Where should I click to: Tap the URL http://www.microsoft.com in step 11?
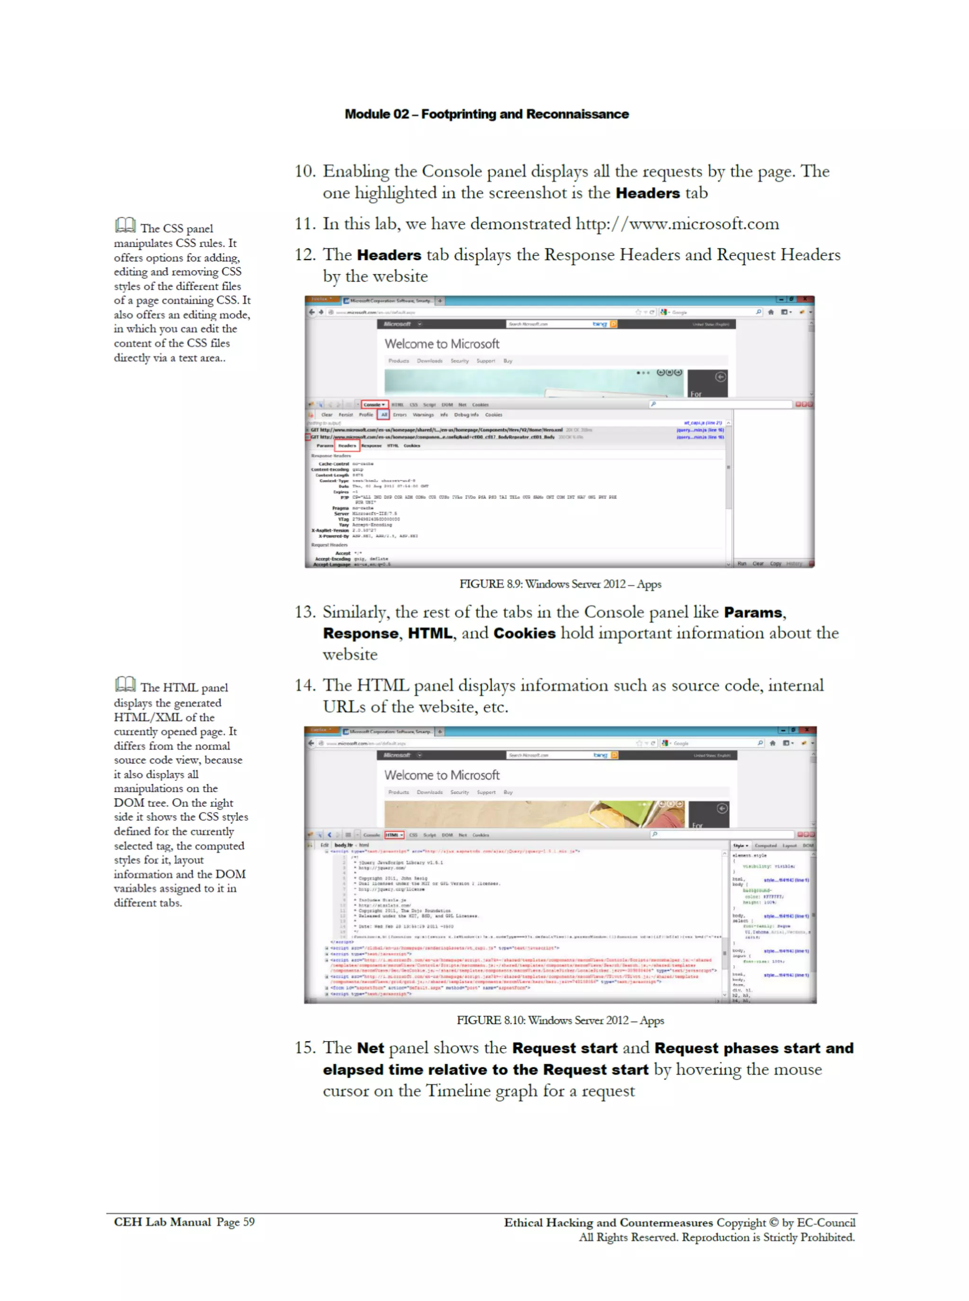(677, 223)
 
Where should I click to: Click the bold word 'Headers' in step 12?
(389, 255)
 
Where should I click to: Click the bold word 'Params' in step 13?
(753, 612)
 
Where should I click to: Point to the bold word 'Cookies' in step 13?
(524, 634)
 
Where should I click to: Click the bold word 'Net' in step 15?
(370, 1048)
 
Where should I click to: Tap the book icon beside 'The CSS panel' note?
(125, 225)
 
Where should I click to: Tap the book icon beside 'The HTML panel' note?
(125, 684)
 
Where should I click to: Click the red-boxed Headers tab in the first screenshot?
(347, 446)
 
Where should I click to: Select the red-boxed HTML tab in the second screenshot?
(394, 835)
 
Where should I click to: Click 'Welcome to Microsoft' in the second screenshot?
(442, 775)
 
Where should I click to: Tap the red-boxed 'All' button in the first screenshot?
(384, 415)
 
